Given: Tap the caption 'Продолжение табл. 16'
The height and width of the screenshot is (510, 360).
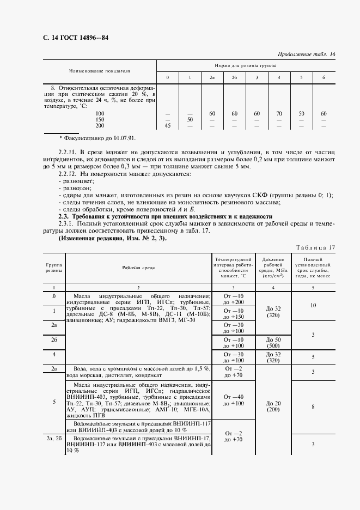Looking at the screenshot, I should [307, 54].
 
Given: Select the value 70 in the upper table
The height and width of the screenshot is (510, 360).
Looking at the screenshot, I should [279, 113].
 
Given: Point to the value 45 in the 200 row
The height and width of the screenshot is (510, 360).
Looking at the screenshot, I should [167, 126].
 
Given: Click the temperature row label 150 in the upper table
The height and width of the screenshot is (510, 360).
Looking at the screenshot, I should [100, 119].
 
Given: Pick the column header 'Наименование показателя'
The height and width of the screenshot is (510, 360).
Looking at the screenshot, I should [100, 71].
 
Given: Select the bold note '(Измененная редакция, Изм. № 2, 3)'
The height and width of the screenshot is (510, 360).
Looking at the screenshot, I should [112, 238].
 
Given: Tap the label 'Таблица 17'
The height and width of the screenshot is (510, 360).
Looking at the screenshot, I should [315, 247].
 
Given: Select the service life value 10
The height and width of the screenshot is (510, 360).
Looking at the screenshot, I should [313, 306].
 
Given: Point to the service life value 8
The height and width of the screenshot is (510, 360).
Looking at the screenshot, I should [313, 406].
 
